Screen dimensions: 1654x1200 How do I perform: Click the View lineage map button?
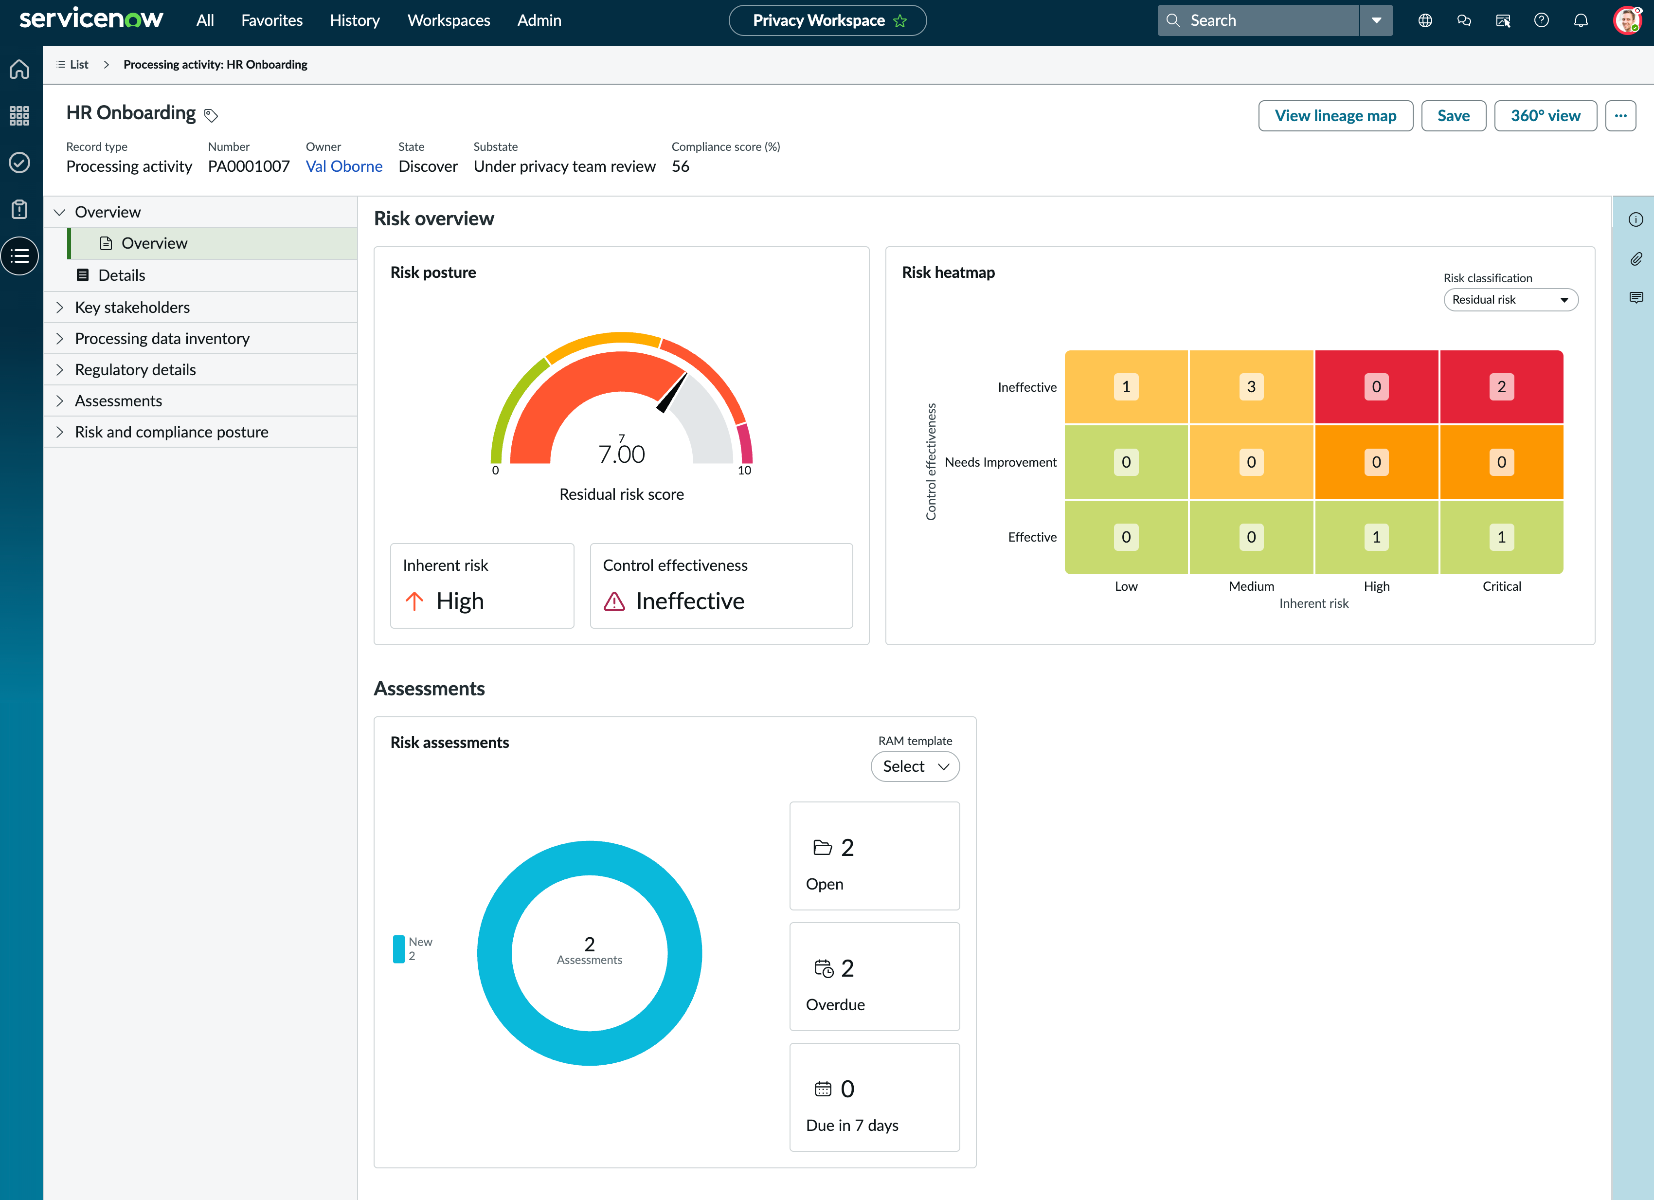(1335, 116)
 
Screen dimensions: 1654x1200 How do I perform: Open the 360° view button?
(1546, 116)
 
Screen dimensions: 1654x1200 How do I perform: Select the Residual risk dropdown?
(1510, 300)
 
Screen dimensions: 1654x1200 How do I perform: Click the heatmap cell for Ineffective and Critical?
(1501, 387)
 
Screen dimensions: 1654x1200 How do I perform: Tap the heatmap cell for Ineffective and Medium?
(1251, 387)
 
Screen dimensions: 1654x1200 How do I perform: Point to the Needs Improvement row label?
(1001, 462)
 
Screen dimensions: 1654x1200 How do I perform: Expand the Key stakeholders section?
(132, 307)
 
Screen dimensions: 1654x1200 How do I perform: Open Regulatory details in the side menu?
(135, 370)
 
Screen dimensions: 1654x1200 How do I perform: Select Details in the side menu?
(122, 275)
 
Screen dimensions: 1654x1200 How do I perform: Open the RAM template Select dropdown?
(915, 767)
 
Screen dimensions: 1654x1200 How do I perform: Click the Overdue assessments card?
(874, 977)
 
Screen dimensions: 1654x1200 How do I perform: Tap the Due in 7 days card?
(874, 1097)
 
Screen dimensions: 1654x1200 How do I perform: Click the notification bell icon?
(1581, 20)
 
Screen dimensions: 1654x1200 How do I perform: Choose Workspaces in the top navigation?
(449, 20)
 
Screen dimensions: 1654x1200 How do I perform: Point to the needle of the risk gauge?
(672, 393)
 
